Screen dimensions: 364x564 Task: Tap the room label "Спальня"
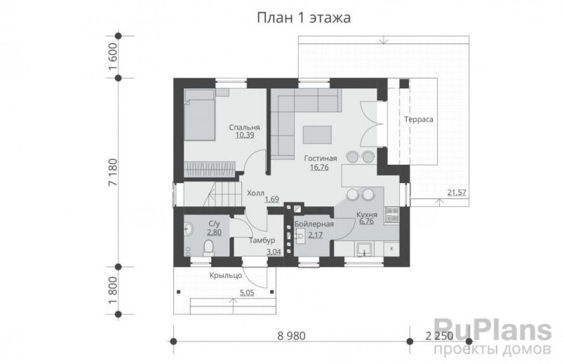(x=245, y=128)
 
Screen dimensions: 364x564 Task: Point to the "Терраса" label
(x=418, y=120)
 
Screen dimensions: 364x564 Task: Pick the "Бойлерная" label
(x=314, y=224)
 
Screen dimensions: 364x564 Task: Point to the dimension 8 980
(x=287, y=335)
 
